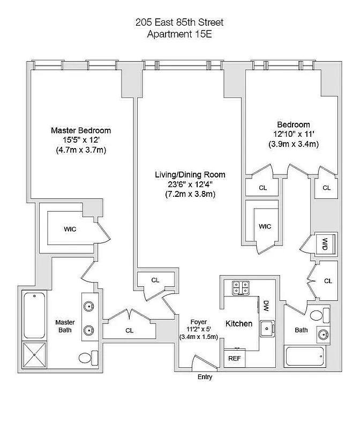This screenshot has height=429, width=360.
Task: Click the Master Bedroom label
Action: pyautogui.click(x=81, y=130)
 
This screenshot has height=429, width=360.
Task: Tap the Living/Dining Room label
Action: pyautogui.click(x=190, y=175)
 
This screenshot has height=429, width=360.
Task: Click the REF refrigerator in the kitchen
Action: pyautogui.click(x=235, y=358)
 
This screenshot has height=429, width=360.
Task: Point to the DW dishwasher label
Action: pyautogui.click(x=266, y=306)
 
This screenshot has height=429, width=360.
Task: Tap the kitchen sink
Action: pyautogui.click(x=266, y=328)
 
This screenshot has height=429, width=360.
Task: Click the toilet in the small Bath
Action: pyautogui.click(x=319, y=315)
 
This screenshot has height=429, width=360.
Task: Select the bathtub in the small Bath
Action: pyautogui.click(x=305, y=356)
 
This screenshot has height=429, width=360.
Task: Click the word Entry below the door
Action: pyautogui.click(x=205, y=377)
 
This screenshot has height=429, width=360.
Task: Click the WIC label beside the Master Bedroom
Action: pyautogui.click(x=70, y=229)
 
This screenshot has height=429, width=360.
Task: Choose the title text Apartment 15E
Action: pyautogui.click(x=178, y=34)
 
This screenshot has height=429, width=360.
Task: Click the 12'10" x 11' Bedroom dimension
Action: pyautogui.click(x=294, y=134)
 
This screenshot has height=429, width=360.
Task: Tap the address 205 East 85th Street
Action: pyautogui.click(x=178, y=23)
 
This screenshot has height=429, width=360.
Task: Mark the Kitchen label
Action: pyautogui.click(x=238, y=324)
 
